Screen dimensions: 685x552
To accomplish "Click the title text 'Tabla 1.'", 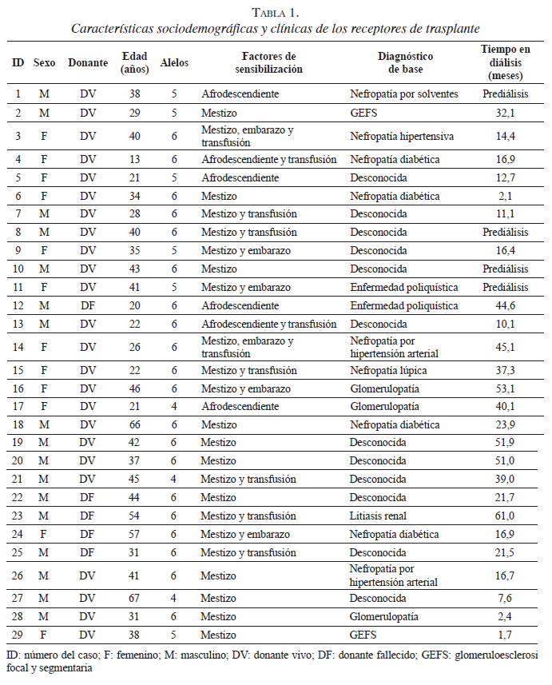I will pos(276,11).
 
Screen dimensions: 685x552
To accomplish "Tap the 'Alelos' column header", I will pos(173,62).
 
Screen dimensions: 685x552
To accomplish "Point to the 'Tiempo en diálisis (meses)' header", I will pos(505,62).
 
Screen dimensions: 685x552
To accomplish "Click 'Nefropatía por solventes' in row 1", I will pos(403,94).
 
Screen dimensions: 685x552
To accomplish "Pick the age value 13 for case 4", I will pos(134,159).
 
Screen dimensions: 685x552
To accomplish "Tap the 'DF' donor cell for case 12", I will pos(87,305).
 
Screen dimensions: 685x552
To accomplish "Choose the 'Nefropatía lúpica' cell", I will pos(386,370).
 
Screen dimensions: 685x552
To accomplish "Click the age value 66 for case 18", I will pos(134,424).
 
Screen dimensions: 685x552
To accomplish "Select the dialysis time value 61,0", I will pos(505,516).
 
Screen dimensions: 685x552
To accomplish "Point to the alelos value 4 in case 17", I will pos(174,406).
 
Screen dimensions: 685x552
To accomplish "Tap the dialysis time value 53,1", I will pos(505,388).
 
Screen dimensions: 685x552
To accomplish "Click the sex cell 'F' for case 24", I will pos(44,534).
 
